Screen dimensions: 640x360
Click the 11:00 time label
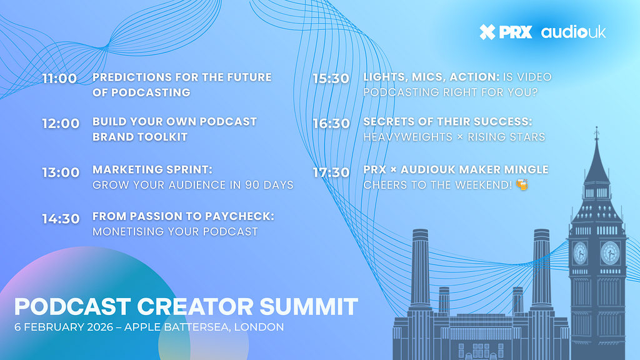click(59, 78)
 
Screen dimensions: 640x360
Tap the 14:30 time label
click(61, 219)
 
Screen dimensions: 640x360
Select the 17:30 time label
click(331, 172)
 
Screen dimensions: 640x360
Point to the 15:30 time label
click(331, 78)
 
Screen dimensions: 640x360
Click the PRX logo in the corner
click(506, 32)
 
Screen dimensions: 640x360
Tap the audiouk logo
click(574, 32)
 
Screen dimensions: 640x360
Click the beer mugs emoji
click(522, 184)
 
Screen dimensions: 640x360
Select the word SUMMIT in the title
click(309, 306)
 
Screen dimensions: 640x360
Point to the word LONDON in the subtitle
click(259, 327)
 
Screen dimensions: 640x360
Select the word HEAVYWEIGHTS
click(407, 137)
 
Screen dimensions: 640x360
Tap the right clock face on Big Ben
click(610, 253)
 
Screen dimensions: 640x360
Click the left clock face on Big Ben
click(579, 253)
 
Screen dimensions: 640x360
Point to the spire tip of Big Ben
click(596, 127)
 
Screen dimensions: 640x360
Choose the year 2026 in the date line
click(100, 327)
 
